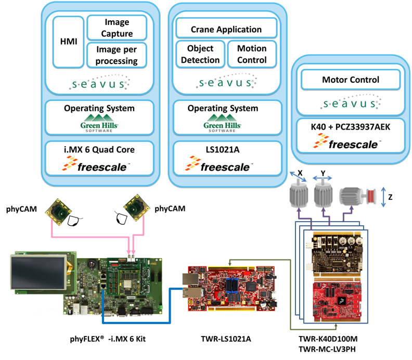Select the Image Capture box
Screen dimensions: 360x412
pyautogui.click(x=117, y=28)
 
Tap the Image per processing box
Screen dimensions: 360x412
pyautogui.click(x=117, y=55)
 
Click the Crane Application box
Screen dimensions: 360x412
pyautogui.click(x=226, y=29)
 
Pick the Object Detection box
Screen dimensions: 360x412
pyautogui.click(x=200, y=54)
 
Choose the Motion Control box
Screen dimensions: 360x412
pyautogui.click(x=252, y=54)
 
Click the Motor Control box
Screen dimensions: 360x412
pyautogui.click(x=351, y=80)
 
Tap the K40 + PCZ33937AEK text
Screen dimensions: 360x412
pyautogui.click(x=351, y=126)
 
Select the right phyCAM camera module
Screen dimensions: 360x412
pyautogui.click(x=136, y=208)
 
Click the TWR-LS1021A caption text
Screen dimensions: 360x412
pyautogui.click(x=226, y=339)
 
